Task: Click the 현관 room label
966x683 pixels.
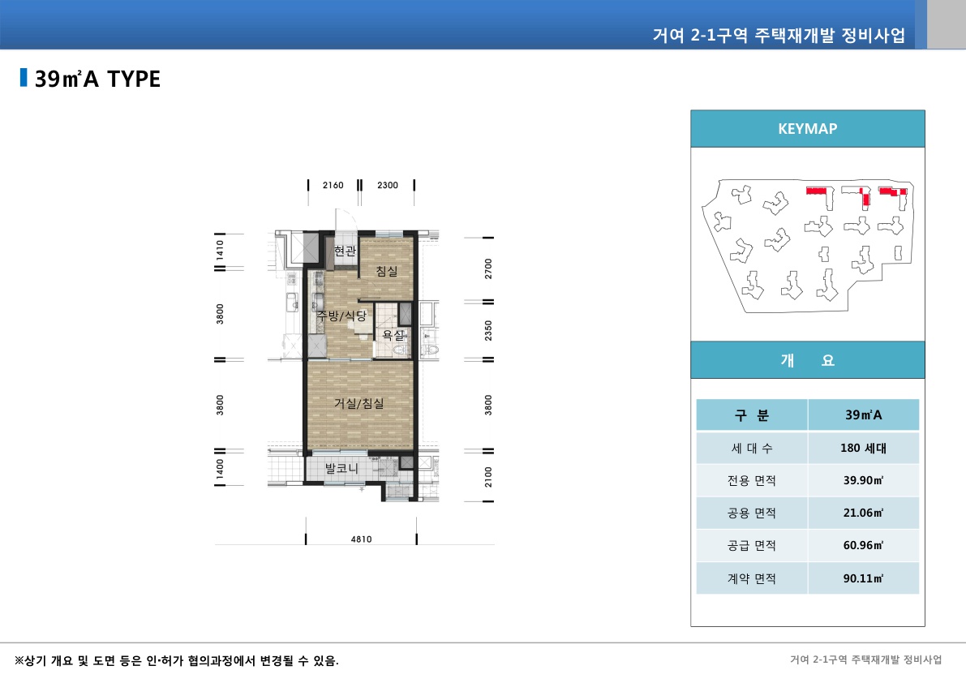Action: coord(345,251)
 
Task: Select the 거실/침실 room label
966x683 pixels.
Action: coord(359,402)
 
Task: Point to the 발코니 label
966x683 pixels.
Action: coord(341,469)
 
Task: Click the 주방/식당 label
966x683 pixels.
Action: coord(341,315)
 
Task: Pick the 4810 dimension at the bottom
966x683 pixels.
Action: coord(361,539)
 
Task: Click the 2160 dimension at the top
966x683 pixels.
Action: coord(333,185)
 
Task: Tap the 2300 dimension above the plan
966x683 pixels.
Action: coord(388,185)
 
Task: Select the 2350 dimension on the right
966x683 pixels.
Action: coord(488,331)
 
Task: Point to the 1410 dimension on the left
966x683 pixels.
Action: coord(220,251)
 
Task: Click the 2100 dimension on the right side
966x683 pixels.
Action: coord(488,477)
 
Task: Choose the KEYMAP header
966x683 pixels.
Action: coord(807,129)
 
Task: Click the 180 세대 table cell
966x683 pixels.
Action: coord(863,448)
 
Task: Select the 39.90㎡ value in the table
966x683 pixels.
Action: coord(863,480)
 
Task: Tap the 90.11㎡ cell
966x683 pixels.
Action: coord(863,578)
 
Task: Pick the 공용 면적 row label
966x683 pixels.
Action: coord(751,513)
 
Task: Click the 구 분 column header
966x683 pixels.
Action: coord(751,415)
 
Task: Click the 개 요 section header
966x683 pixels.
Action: coord(807,360)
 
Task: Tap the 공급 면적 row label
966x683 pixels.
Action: coord(751,546)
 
